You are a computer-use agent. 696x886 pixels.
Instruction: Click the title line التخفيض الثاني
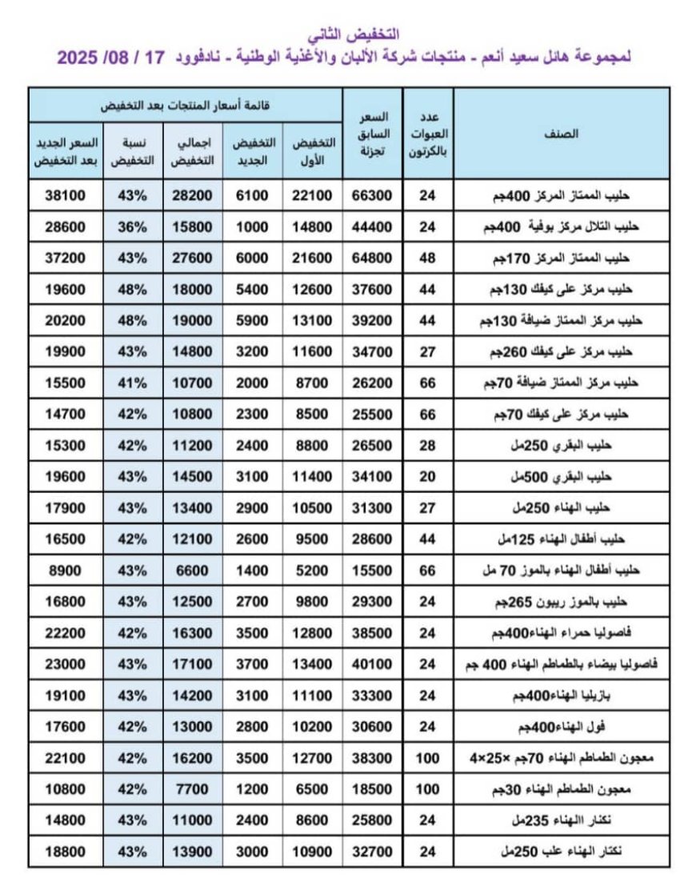(x=354, y=35)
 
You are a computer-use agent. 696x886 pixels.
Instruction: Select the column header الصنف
(x=562, y=134)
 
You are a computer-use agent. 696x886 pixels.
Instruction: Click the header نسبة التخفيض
(x=133, y=150)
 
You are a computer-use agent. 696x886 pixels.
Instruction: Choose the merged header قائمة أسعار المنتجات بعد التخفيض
(x=185, y=105)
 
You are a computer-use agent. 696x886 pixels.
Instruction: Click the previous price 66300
(x=373, y=195)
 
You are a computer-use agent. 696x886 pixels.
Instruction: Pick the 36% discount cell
(x=133, y=227)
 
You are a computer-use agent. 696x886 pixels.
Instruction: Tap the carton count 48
(x=429, y=258)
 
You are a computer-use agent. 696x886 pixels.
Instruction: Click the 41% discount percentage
(x=133, y=383)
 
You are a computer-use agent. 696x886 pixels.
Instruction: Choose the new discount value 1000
(x=254, y=227)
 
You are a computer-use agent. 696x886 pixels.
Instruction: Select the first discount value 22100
(x=312, y=195)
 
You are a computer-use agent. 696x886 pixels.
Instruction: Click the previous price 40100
(x=373, y=664)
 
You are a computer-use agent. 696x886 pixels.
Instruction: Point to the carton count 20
(x=429, y=477)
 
